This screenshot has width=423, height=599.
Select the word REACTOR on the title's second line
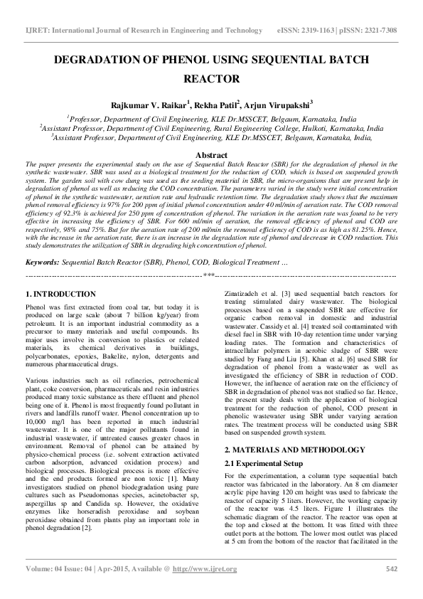pyautogui.click(x=211, y=79)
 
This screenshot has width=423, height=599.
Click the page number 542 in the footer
pyautogui.click(x=390, y=588)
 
